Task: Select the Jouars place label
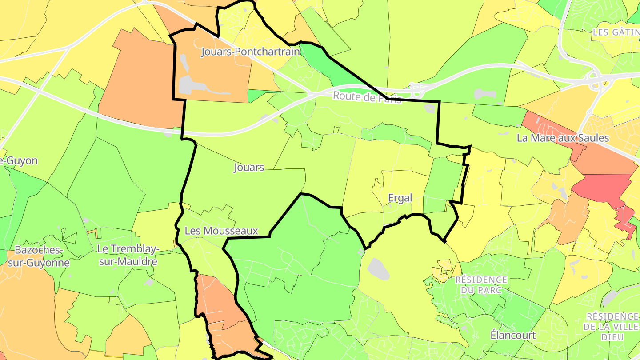click(249, 168)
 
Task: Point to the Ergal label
click(400, 198)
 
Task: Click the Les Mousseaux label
click(221, 231)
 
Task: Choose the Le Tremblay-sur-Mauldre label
click(128, 255)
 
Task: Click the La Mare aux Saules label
click(563, 138)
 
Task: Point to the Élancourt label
click(513, 335)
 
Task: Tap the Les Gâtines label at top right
click(616, 32)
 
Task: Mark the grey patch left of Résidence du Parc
click(378, 269)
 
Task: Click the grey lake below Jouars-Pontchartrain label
click(188, 84)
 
